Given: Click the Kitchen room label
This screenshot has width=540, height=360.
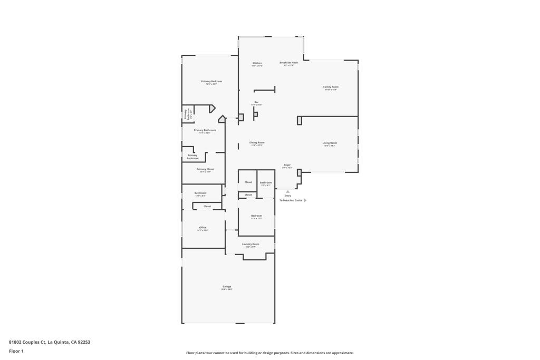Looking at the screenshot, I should tap(257, 63).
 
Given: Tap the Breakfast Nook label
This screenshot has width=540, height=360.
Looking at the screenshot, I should tap(288, 63).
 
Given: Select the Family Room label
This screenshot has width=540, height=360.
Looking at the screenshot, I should tap(331, 87).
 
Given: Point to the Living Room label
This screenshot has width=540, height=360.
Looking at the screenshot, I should tap(330, 143).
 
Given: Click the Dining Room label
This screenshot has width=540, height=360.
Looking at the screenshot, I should tap(257, 142).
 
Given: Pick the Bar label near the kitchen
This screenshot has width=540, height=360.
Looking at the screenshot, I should tap(256, 102).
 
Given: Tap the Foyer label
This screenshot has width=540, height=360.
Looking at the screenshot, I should tap(287, 165).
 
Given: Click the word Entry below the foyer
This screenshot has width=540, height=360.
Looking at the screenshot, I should tap(287, 196).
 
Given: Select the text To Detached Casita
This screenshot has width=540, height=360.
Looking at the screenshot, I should tap(291, 200).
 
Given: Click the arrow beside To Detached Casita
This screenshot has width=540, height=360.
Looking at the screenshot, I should tap(305, 200).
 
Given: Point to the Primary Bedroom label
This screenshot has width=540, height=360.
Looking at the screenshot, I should tap(211, 82).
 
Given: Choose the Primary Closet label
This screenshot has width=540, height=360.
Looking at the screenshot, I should tap(205, 169).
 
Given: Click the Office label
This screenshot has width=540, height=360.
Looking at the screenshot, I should tap(202, 228).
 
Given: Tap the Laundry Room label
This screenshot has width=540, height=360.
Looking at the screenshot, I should tap(250, 244).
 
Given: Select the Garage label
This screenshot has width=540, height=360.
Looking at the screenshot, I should tap(227, 287).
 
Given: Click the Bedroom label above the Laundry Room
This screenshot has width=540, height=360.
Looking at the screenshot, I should tap(256, 216).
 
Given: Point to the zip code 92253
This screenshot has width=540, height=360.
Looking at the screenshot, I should tap(84, 342).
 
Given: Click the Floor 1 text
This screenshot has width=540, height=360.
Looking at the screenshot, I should tap(16, 351).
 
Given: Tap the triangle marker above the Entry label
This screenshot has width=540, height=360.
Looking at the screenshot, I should tap(287, 191).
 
